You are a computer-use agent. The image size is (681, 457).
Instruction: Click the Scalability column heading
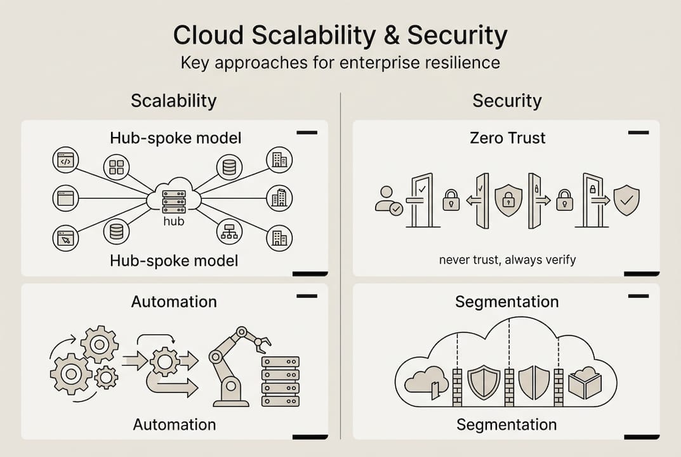173,101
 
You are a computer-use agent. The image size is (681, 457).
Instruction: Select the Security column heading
506,101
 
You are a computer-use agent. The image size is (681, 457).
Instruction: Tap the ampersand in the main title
388,36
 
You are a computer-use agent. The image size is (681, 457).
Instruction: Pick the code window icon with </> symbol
65,160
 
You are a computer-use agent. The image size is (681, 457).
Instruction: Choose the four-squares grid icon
116,167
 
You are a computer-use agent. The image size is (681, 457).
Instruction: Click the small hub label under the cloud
173,222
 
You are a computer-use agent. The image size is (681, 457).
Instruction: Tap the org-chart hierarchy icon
229,232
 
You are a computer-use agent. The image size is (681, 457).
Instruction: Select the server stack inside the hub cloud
173,202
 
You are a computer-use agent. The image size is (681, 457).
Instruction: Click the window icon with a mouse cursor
65,238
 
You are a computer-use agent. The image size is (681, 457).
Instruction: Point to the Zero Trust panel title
508,138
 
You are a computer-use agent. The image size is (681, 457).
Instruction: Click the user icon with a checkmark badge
388,201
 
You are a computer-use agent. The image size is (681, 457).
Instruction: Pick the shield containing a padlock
508,201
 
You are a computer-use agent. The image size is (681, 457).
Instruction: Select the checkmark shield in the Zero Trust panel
626,201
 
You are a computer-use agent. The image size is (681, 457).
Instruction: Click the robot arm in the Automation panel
235,365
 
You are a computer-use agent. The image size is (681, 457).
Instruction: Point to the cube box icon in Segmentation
585,383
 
